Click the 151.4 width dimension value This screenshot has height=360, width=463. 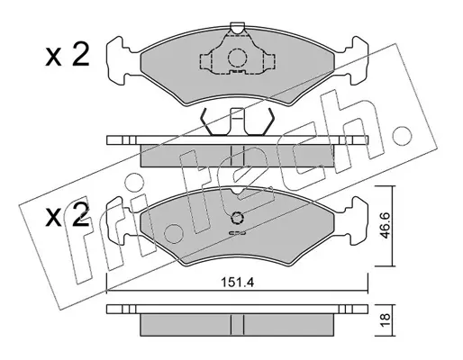[x=237, y=283]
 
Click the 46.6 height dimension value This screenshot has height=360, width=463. [x=385, y=225]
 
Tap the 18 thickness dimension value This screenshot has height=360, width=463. [x=385, y=320]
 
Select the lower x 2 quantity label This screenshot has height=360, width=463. [x=68, y=214]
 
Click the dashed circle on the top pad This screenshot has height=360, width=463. [x=237, y=57]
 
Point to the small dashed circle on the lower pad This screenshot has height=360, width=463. [x=237, y=218]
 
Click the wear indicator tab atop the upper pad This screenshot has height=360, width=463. [x=237, y=28]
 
